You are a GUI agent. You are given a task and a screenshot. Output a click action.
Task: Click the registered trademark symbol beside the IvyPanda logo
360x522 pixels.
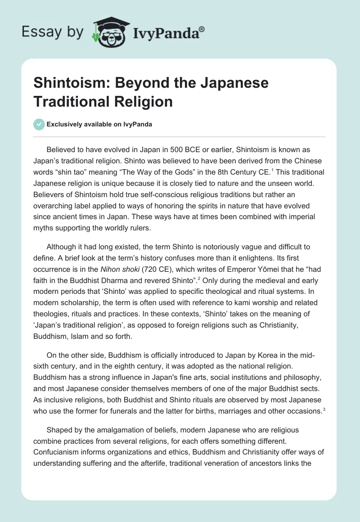(x=202, y=30)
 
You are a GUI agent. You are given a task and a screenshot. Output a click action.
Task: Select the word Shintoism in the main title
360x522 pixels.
(x=71, y=83)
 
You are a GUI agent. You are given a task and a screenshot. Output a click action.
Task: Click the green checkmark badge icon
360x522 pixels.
(x=39, y=124)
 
